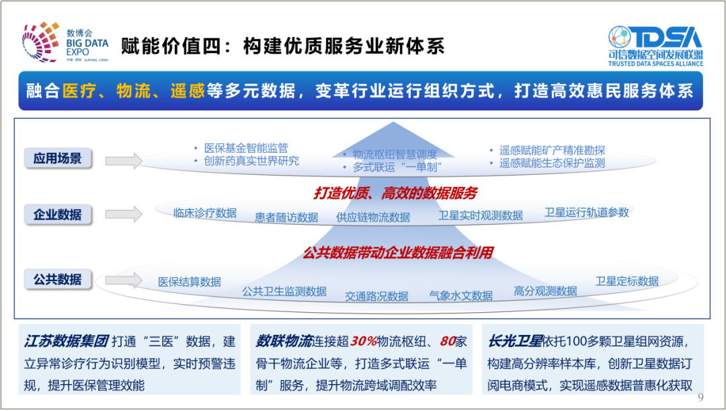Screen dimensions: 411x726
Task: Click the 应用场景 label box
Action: pos(58,159)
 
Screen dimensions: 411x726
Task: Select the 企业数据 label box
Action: pos(58,215)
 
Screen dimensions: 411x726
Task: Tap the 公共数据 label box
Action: pos(58,279)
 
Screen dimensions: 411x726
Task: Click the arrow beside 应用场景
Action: pos(124,160)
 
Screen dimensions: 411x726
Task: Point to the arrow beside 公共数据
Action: pos(124,279)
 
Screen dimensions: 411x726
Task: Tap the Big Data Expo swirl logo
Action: pos(40,43)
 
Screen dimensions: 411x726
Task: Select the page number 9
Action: pos(700,397)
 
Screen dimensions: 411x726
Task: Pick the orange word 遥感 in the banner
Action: pos(187,91)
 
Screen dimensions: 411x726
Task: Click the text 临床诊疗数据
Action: pos(204,213)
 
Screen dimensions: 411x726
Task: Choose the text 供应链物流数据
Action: pos(373,217)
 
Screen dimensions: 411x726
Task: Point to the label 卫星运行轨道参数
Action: pos(586,212)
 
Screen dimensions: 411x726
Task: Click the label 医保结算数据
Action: pos(190,282)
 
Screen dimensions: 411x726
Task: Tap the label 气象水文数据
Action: pos(460,295)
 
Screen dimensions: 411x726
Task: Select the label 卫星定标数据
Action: pos(627,281)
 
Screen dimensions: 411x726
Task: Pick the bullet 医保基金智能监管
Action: pos(246,148)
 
